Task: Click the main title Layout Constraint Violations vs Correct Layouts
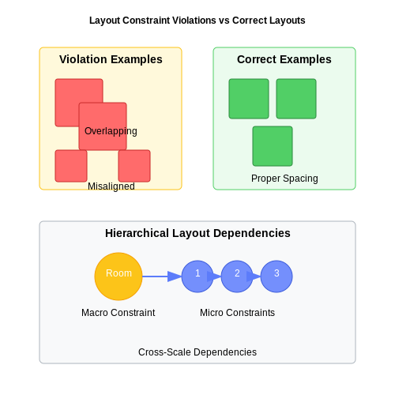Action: [x=197, y=21]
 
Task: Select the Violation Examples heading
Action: [x=111, y=59]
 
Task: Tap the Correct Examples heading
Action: [x=284, y=59]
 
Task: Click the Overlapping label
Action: [x=111, y=131]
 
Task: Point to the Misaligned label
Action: [x=111, y=186]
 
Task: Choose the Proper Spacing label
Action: [x=284, y=179]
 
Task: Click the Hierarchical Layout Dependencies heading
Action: [x=197, y=233]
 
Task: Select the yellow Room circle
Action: [x=118, y=276]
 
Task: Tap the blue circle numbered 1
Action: [x=197, y=276]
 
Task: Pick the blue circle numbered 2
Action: [x=237, y=276]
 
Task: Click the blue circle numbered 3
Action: [x=276, y=276]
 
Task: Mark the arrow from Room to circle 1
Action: [x=162, y=276]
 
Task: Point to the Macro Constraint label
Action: [x=118, y=313]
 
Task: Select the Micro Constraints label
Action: [x=237, y=313]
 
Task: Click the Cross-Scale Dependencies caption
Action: [x=197, y=352]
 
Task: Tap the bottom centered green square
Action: [x=273, y=146]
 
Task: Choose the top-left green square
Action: [x=249, y=99]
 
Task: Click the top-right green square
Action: [x=296, y=99]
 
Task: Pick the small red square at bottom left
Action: [x=71, y=166]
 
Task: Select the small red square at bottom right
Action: [x=134, y=166]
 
